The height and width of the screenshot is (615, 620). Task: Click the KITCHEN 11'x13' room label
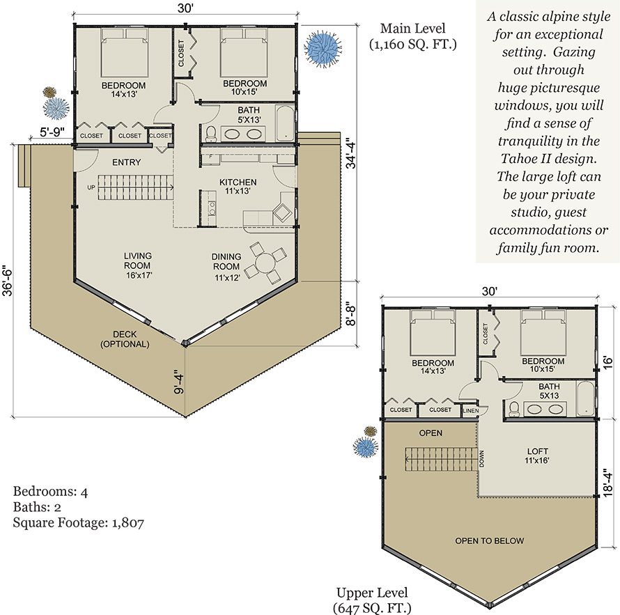pyautogui.click(x=238, y=187)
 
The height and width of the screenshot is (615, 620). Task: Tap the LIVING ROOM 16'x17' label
pyautogui.click(x=138, y=265)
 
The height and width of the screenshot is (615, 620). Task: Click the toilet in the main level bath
pyautogui.click(x=211, y=134)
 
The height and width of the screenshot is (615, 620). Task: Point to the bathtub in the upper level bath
pyautogui.click(x=585, y=398)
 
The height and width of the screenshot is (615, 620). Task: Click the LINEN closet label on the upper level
pyautogui.click(x=470, y=411)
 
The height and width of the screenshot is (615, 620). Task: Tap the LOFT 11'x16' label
pyautogui.click(x=537, y=456)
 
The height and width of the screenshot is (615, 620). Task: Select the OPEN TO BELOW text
pyautogui.click(x=490, y=540)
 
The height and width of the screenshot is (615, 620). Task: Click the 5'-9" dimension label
pyautogui.click(x=52, y=132)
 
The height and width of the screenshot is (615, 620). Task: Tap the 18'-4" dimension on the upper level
pyautogui.click(x=607, y=482)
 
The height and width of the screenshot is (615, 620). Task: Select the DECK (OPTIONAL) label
pyautogui.click(x=125, y=339)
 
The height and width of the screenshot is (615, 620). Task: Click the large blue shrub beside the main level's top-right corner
pyautogui.click(x=323, y=48)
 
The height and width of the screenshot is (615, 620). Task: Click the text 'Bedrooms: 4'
pyautogui.click(x=50, y=491)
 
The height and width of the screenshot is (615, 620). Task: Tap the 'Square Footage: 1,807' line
pyautogui.click(x=78, y=522)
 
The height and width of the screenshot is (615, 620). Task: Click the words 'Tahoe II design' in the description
pyautogui.click(x=548, y=159)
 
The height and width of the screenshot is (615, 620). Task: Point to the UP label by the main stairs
pyautogui.click(x=91, y=187)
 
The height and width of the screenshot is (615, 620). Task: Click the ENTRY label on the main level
pyautogui.click(x=126, y=162)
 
